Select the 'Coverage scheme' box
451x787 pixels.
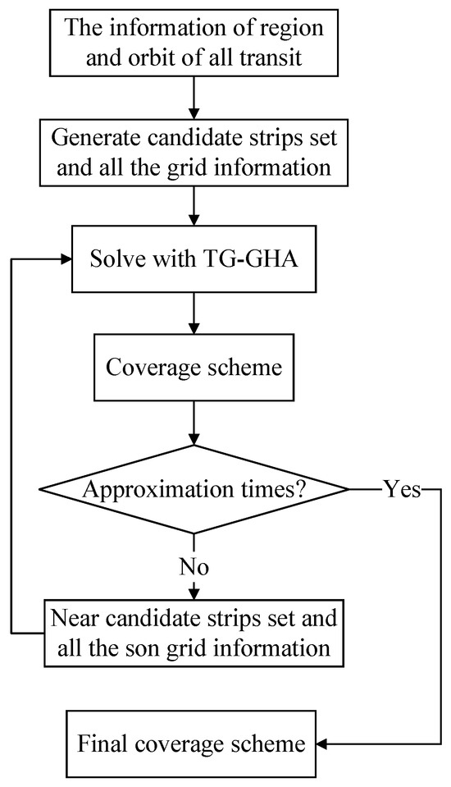[x=194, y=366]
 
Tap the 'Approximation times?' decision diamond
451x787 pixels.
[x=194, y=490]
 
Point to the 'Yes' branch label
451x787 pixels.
[x=401, y=490]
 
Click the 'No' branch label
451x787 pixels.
[x=194, y=566]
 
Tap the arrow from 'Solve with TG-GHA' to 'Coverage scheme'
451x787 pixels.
[x=194, y=313]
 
